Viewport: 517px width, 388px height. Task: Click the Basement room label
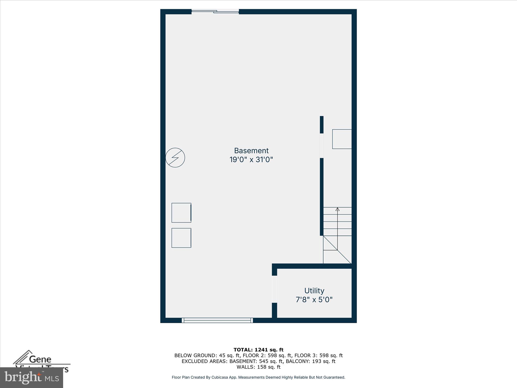click(x=251, y=151)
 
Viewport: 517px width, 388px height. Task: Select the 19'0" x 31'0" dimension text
click(x=251, y=160)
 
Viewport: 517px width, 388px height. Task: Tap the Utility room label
click(x=314, y=290)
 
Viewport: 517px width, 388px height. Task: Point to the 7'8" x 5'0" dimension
click(x=314, y=300)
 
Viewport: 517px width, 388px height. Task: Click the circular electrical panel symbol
click(x=175, y=158)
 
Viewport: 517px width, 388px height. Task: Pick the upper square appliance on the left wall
click(x=181, y=213)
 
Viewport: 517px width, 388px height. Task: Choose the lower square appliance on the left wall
click(x=181, y=238)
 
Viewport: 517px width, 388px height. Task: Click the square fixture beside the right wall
click(x=342, y=139)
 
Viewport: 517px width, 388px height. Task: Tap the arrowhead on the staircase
click(x=338, y=209)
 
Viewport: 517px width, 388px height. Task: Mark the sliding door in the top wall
click(x=215, y=11)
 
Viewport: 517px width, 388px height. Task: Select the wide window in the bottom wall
click(x=217, y=320)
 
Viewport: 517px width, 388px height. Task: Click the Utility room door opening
click(x=274, y=289)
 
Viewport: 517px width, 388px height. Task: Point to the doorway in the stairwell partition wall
click(x=322, y=145)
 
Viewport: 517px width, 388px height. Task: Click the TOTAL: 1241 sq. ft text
click(x=258, y=350)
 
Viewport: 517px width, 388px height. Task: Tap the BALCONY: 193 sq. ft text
click(x=311, y=361)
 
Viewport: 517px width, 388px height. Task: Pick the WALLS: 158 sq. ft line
click(x=258, y=367)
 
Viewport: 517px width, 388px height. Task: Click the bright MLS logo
click(x=32, y=378)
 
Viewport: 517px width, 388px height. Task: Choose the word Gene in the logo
click(x=40, y=359)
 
